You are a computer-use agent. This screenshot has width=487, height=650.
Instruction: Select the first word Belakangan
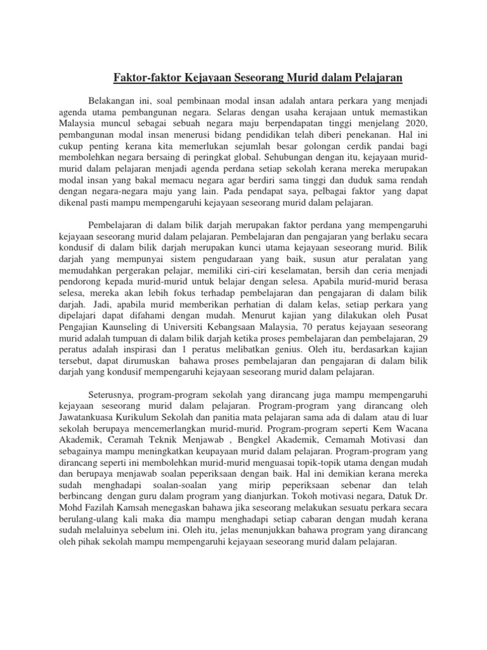[114, 100]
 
